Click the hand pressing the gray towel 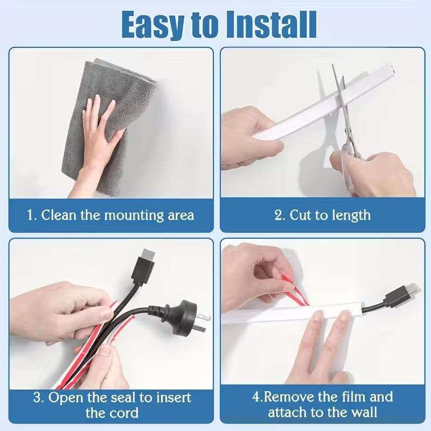[100, 129]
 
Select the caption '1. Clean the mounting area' [110, 215]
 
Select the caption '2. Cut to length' [322, 215]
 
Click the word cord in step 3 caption [124, 414]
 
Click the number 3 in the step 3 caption [38, 399]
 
